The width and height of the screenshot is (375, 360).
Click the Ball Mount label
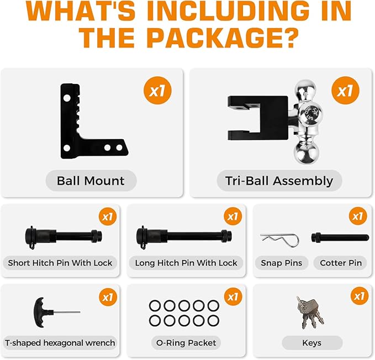(x=91, y=181)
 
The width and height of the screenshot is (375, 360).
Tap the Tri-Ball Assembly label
(x=279, y=181)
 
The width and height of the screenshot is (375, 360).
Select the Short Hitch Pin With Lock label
(x=60, y=263)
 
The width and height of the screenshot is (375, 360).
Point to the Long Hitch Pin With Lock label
(x=186, y=263)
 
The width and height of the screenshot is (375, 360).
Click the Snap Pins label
(x=282, y=263)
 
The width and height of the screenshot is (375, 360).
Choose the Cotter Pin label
(x=341, y=263)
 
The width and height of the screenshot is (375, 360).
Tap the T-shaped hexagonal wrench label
(x=60, y=343)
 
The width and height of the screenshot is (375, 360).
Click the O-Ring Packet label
(x=186, y=343)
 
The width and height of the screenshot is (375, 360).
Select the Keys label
(x=312, y=343)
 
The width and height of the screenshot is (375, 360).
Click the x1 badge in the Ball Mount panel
(x=157, y=91)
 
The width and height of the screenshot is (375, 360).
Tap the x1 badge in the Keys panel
(x=360, y=296)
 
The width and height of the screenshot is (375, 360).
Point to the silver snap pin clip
(x=280, y=240)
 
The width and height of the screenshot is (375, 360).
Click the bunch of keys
(x=310, y=313)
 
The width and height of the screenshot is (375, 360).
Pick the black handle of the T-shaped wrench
(x=41, y=312)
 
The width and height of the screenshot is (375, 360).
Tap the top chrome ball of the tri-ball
(x=305, y=88)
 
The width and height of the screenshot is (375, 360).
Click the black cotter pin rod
(x=340, y=237)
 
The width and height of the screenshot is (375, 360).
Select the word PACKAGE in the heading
(x=223, y=38)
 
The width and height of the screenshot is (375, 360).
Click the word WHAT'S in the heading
(x=81, y=10)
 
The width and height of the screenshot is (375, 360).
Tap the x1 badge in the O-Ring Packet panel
(x=233, y=297)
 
